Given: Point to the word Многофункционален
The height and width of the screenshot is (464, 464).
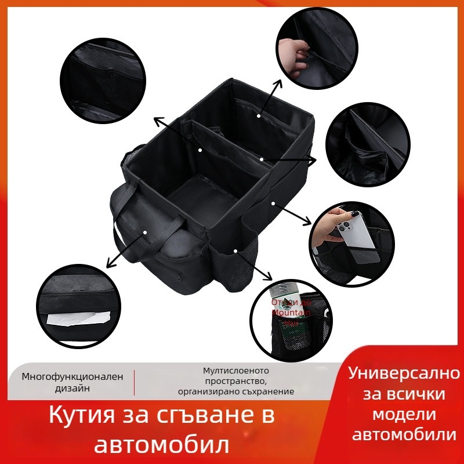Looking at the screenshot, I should pyautogui.click(x=72, y=376).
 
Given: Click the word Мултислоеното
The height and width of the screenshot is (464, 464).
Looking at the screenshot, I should pyautogui.click(x=236, y=370).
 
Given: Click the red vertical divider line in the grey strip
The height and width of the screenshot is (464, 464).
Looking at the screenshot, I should pyautogui.click(x=134, y=382).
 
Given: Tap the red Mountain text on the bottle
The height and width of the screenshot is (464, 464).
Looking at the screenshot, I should pyautogui.click(x=293, y=311).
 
